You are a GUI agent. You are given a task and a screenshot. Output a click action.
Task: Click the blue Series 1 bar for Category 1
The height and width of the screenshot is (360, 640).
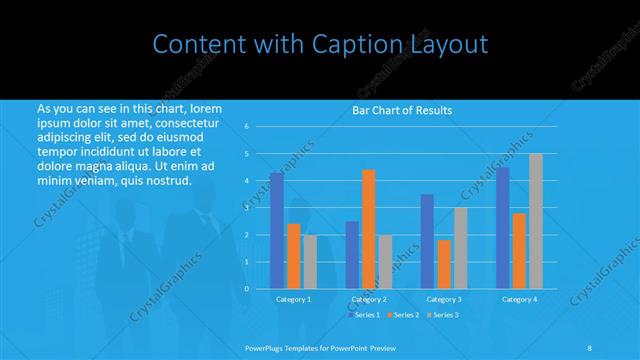click(x=276, y=230)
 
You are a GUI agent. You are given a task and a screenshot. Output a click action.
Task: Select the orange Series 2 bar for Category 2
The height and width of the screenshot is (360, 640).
click(x=369, y=229)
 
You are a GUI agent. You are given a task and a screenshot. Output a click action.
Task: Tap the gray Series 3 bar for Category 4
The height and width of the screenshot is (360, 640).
click(x=536, y=221)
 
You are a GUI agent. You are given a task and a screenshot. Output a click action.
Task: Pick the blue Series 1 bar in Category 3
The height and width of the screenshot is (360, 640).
click(x=427, y=241)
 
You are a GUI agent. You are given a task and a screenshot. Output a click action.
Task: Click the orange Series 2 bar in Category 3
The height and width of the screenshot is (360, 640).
click(x=444, y=264)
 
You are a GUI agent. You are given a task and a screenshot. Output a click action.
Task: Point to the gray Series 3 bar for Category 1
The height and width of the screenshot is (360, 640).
click(x=310, y=262)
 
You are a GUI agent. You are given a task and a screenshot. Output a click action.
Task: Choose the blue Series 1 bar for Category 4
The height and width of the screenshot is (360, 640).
click(x=502, y=227)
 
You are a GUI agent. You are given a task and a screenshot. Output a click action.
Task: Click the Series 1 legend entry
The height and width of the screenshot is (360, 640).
click(x=365, y=315)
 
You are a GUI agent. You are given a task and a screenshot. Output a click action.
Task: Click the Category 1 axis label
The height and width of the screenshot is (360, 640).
click(x=293, y=299)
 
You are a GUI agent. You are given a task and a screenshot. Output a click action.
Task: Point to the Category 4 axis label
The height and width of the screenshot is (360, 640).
click(x=519, y=299)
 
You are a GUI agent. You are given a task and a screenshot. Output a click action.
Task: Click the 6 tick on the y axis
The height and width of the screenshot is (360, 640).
click(x=247, y=127)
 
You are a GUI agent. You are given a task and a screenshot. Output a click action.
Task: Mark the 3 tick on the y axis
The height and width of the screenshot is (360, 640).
click(x=247, y=208)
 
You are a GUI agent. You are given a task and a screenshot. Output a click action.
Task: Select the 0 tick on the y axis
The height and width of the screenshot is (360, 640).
click(x=247, y=289)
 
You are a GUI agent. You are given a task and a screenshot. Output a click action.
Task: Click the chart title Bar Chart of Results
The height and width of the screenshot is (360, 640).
click(x=403, y=110)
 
